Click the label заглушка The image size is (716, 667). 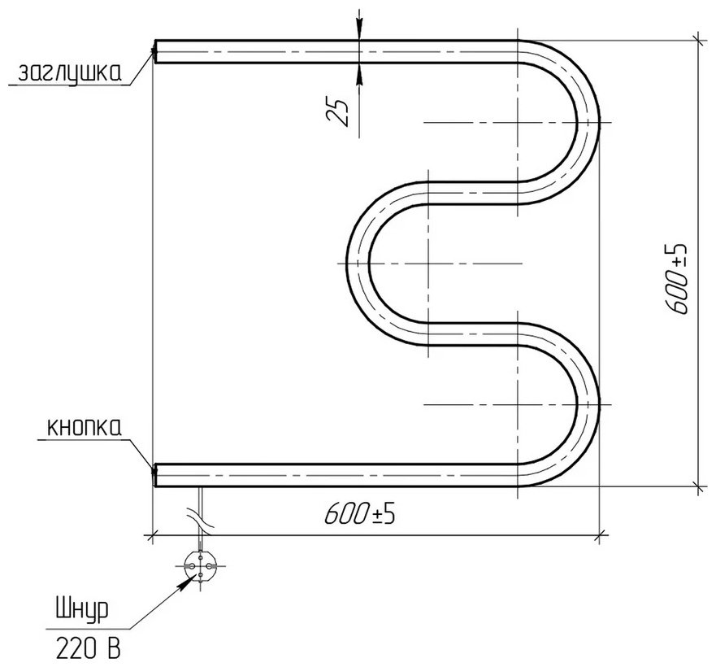[69, 72]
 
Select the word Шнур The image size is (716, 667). [83, 610]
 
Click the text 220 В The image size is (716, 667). [88, 648]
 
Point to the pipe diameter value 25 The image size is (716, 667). [337, 112]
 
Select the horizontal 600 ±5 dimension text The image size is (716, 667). [359, 515]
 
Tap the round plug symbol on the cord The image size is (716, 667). [201, 565]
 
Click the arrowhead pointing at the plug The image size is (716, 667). [185, 582]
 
